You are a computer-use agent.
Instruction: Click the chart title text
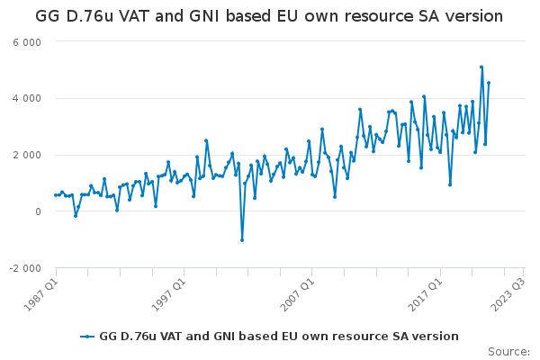pyautogui.click(x=270, y=16)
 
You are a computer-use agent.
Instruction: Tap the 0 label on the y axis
pyautogui.click(x=38, y=212)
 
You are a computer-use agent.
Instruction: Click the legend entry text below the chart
pyautogui.click(x=278, y=337)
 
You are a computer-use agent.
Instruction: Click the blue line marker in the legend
pyautogui.click(x=87, y=337)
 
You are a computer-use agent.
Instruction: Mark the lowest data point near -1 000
pyautogui.click(x=242, y=239)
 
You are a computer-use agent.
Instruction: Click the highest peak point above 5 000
pyautogui.click(x=481, y=67)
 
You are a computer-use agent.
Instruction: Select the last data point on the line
pyautogui.click(x=489, y=83)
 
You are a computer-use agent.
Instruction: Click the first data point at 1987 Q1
pyautogui.click(x=56, y=195)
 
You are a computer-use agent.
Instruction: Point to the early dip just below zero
pyautogui.click(x=76, y=216)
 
